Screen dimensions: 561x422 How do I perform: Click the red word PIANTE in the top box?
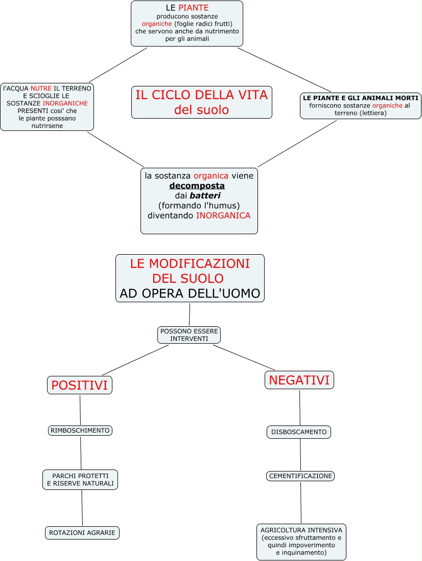tap(193, 8)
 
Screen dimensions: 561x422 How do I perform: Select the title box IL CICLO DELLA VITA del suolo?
tap(201, 102)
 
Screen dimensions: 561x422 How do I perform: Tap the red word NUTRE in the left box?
tap(41, 88)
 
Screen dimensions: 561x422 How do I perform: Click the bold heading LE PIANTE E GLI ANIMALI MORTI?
tap(360, 98)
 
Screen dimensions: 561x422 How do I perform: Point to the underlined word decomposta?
tap(197, 186)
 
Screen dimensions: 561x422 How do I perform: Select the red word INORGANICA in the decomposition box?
tap(223, 216)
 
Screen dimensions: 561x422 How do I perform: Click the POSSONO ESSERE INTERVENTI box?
tap(189, 335)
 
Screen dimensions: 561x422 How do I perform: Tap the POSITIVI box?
tap(80, 385)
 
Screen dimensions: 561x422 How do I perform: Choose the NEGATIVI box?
tap(299, 380)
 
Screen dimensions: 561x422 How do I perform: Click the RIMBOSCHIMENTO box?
tap(80, 431)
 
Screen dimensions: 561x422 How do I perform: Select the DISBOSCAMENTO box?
tap(299, 432)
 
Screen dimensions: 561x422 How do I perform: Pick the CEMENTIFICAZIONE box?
tap(300, 476)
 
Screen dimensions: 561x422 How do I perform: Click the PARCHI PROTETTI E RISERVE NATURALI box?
tap(80, 480)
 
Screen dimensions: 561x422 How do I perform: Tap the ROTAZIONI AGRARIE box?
tap(82, 533)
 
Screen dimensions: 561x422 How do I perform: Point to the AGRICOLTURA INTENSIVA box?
tap(301, 542)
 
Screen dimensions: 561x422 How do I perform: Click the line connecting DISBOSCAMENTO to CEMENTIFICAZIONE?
tap(300, 455)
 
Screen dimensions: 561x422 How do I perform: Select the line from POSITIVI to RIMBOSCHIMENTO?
tap(80, 410)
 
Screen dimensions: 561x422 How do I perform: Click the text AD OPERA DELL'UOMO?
tap(190, 294)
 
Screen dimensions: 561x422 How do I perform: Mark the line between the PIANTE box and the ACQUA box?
tap(118, 65)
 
